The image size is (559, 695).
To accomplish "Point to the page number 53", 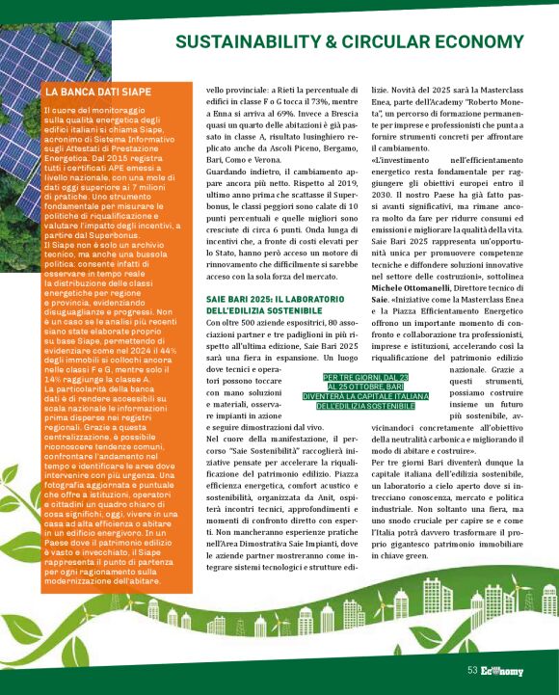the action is click(472, 671).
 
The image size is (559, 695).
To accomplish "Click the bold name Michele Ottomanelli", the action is click(416, 275).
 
